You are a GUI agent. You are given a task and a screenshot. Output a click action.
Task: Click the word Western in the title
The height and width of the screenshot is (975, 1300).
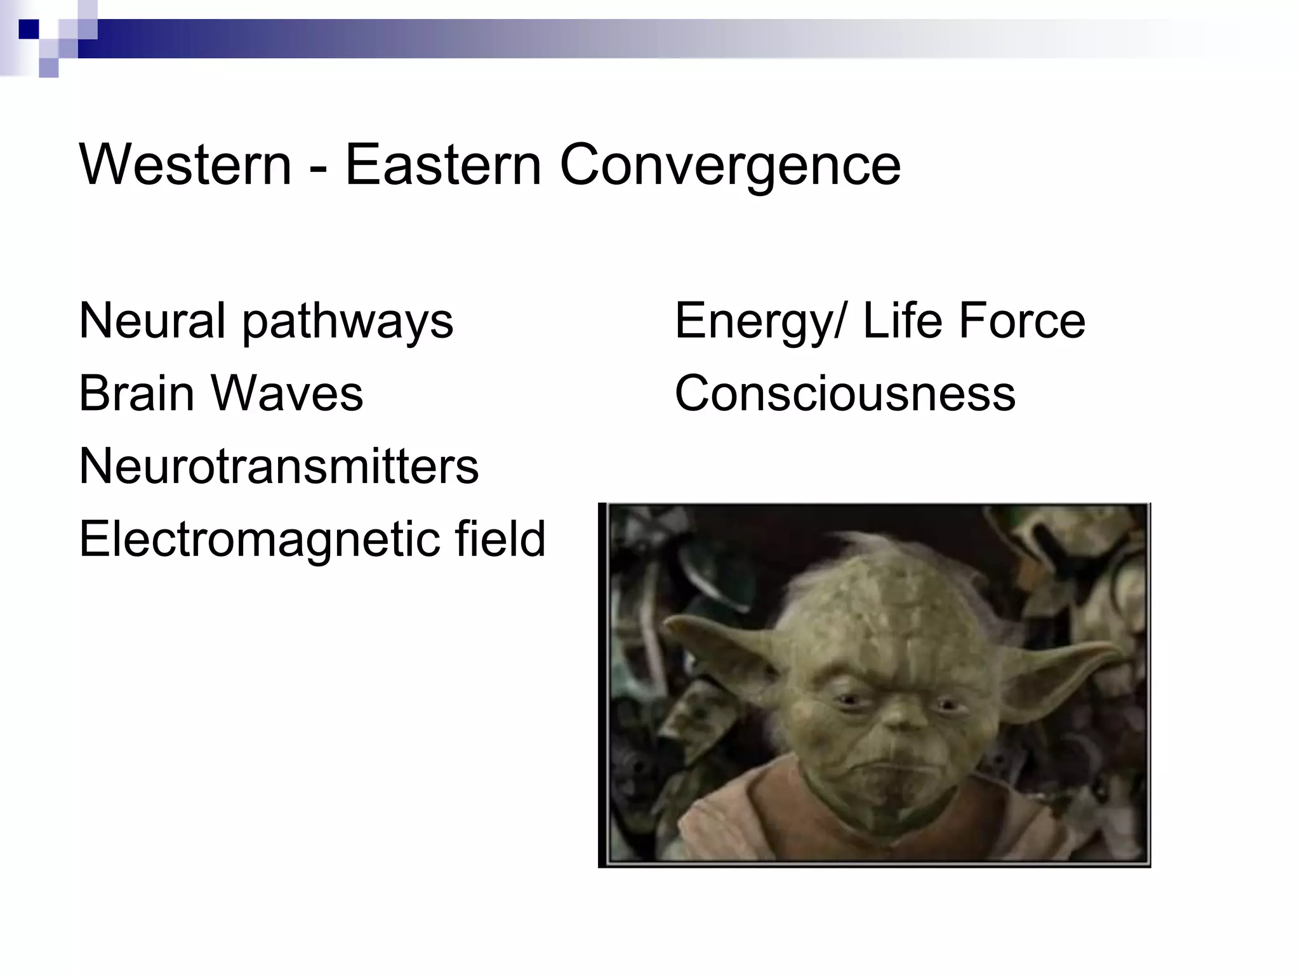coord(185,165)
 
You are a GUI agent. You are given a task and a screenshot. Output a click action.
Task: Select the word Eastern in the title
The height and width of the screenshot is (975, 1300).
coord(442,165)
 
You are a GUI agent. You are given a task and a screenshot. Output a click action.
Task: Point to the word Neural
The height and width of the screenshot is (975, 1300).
coord(152,321)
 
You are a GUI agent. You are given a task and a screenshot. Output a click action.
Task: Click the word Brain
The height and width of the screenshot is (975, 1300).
coord(136,394)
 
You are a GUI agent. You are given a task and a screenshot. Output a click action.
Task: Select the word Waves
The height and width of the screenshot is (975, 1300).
coord(287,394)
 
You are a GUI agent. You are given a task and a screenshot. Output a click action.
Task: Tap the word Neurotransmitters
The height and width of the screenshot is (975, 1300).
coord(279,467)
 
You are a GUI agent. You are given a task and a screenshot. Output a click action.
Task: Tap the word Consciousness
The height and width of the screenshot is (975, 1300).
coord(845,394)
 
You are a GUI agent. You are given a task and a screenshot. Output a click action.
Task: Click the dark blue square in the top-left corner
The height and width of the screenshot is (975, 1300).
coord(29,29)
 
